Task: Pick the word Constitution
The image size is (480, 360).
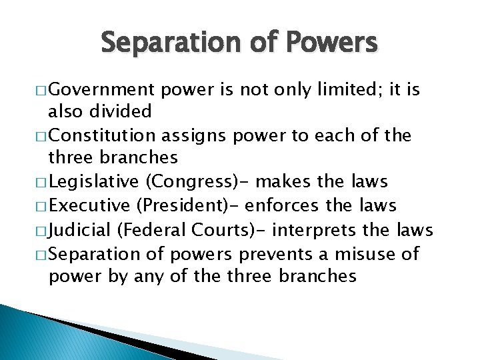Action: [103, 136]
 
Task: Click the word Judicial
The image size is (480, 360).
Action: [81, 231]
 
